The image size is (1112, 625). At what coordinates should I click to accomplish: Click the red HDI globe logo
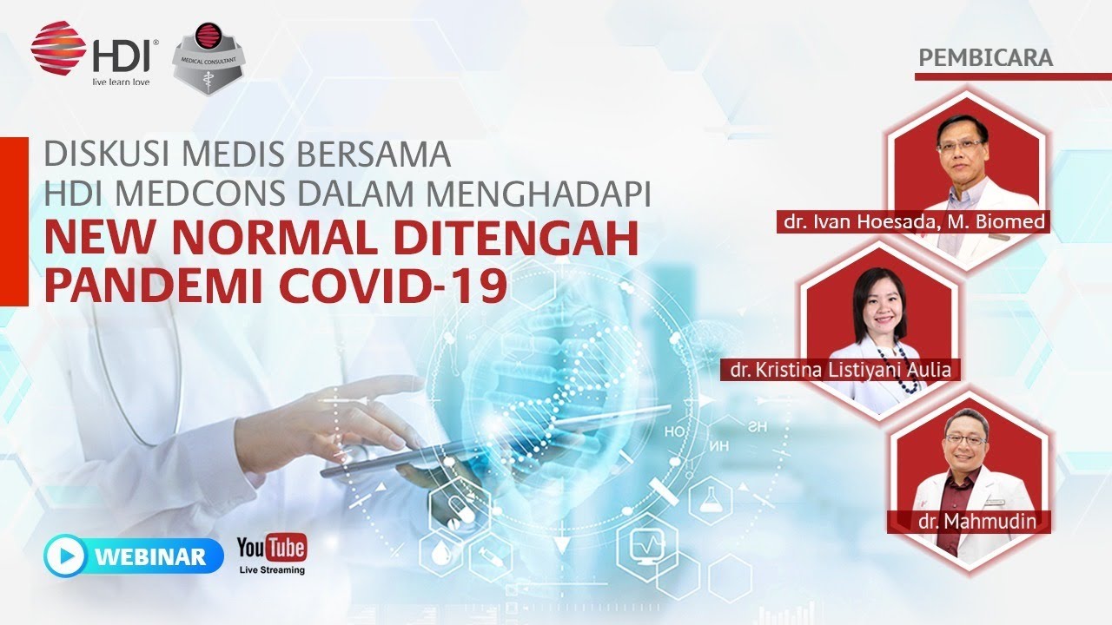click(57, 48)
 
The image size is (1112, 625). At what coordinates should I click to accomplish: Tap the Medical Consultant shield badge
click(208, 58)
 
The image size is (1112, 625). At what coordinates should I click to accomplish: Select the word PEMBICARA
click(985, 58)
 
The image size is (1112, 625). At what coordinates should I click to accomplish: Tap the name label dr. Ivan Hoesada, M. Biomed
click(914, 221)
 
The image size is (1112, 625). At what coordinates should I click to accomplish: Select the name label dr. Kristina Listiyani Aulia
click(840, 370)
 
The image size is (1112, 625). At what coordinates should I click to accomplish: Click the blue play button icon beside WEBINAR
click(65, 556)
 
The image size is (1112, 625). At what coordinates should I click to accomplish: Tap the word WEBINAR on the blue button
click(150, 556)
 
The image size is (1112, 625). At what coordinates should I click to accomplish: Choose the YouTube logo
click(272, 548)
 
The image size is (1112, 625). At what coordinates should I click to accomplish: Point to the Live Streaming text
click(272, 570)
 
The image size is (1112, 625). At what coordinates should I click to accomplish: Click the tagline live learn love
click(121, 82)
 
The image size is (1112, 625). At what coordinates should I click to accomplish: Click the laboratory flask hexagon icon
click(711, 500)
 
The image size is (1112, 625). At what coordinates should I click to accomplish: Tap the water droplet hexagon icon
click(441, 552)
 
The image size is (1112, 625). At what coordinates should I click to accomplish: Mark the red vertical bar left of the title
click(14, 221)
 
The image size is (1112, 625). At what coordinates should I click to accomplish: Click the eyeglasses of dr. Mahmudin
click(966, 439)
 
